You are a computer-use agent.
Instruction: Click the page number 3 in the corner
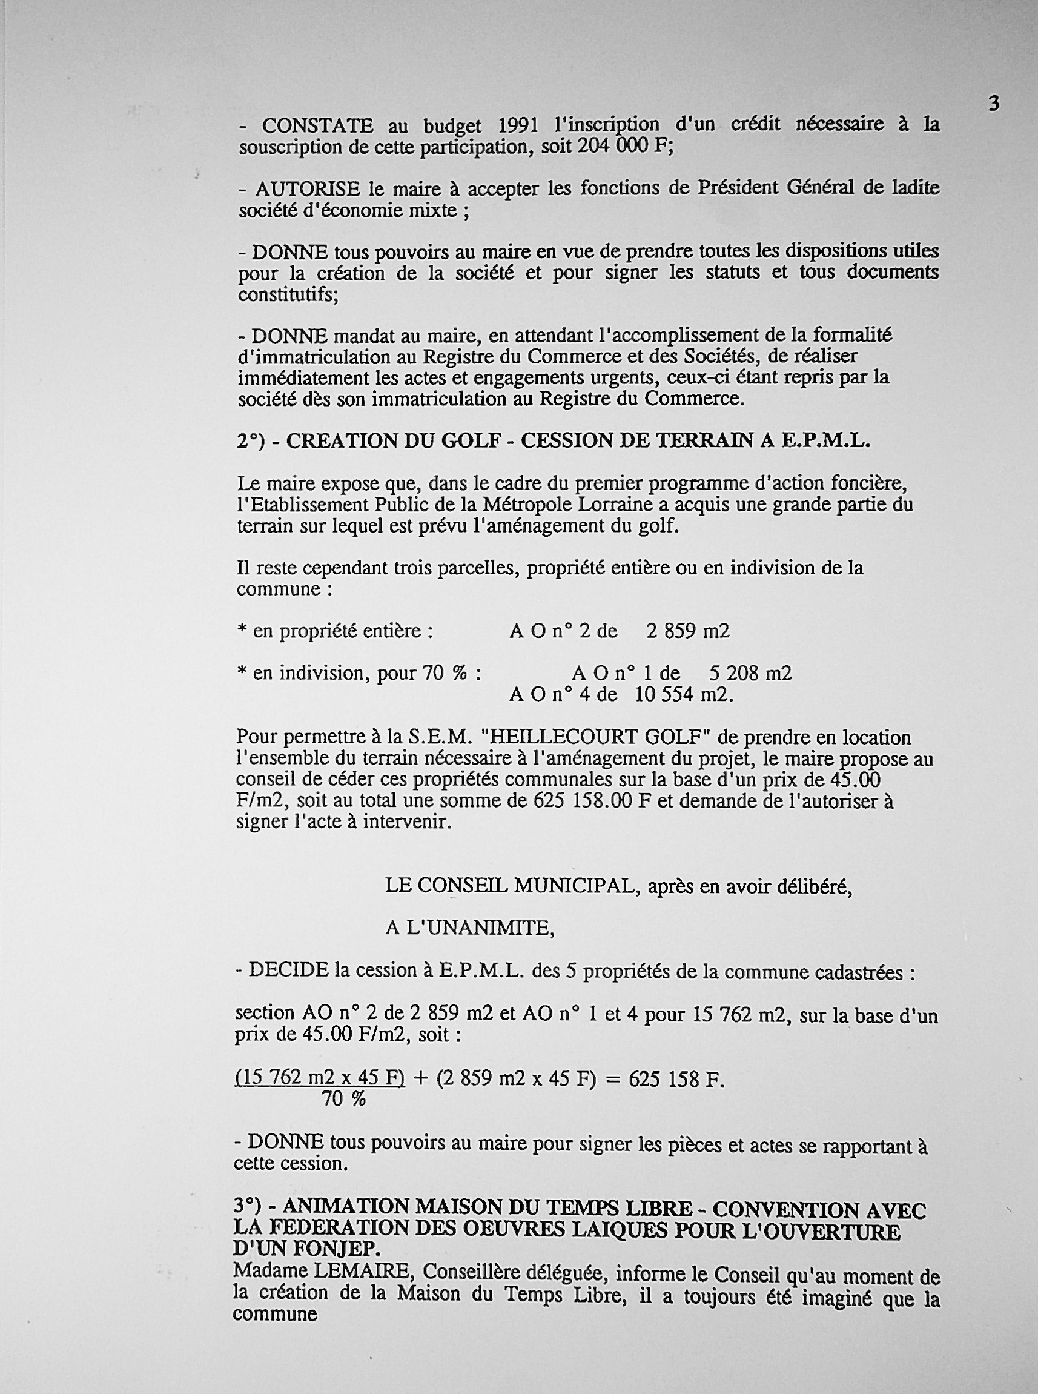[993, 103]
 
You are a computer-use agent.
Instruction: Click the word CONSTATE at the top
[317, 127]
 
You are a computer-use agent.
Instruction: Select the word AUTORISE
[308, 188]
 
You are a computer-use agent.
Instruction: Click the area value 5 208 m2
[750, 674]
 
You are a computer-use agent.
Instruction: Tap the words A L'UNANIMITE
[470, 928]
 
